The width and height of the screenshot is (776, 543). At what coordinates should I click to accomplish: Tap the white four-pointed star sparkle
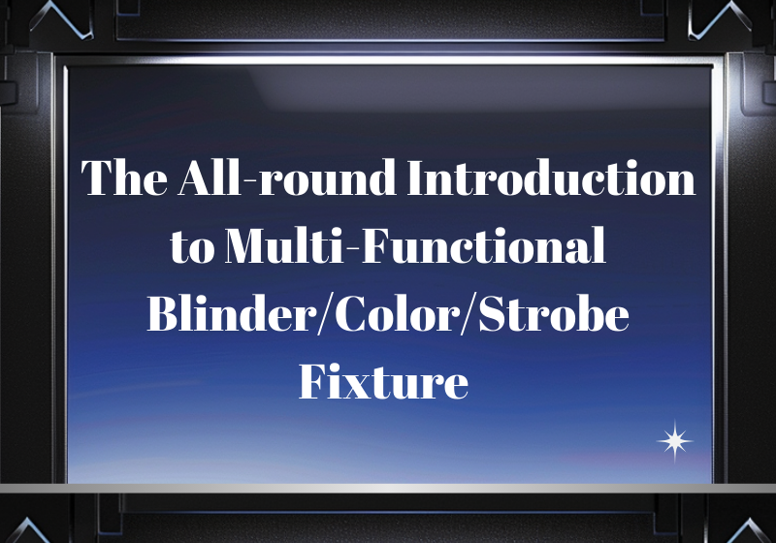click(x=675, y=441)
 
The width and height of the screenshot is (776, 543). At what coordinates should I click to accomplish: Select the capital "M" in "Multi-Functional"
click(x=244, y=248)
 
